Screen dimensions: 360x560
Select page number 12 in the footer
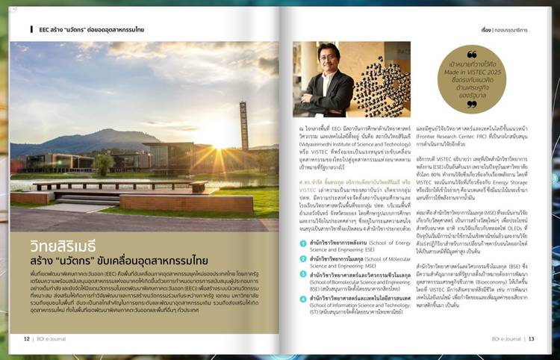click(x=27, y=338)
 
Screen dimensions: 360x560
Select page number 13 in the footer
click(x=532, y=338)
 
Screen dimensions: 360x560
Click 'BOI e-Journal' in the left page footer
click(x=55, y=338)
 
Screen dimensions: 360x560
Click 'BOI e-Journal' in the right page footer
click(x=505, y=338)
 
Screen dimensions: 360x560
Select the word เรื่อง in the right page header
click(x=465, y=30)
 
